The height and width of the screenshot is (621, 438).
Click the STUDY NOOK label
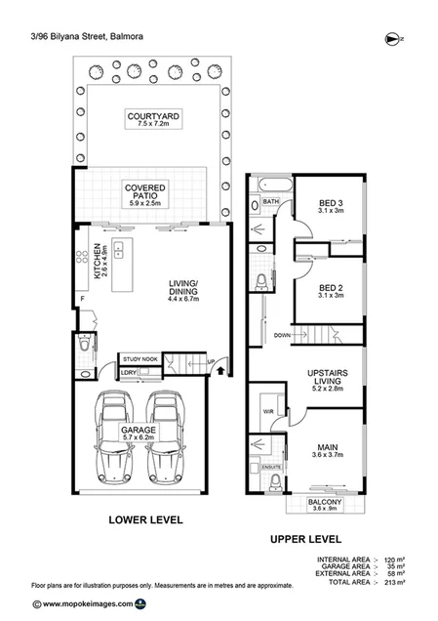[x=139, y=358]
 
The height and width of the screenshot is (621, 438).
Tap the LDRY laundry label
[x=128, y=372]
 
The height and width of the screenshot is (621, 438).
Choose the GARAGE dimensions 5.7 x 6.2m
[x=141, y=435]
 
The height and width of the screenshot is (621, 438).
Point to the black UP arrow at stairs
[x=221, y=370]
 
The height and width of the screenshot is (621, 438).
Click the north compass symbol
[x=392, y=39]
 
